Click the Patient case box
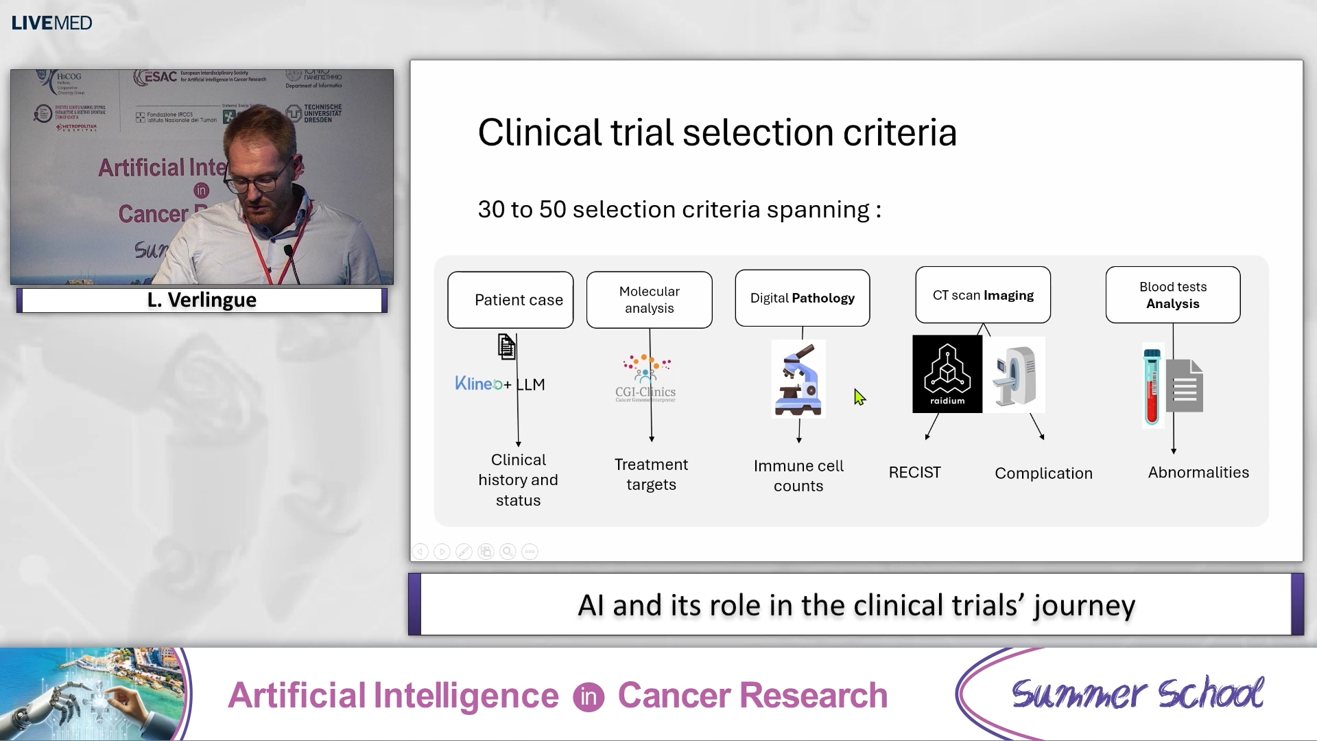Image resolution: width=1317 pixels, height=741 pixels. (x=510, y=300)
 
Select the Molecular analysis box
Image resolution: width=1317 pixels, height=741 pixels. (x=649, y=300)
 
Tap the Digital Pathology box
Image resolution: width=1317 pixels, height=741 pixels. (x=802, y=298)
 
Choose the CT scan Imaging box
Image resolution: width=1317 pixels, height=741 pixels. (x=982, y=295)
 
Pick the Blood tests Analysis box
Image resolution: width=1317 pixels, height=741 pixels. (x=1172, y=295)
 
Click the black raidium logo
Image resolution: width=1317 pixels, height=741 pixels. (x=947, y=374)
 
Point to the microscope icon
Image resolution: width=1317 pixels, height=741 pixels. (x=798, y=379)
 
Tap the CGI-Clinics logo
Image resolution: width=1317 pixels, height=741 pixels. (x=645, y=378)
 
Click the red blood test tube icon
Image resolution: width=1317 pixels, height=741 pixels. (x=1152, y=386)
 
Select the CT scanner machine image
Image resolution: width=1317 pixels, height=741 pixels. (x=1015, y=375)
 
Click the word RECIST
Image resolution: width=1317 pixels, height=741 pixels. (x=914, y=473)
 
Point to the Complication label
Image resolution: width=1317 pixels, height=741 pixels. (x=1043, y=473)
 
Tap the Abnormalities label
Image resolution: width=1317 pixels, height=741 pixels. (x=1198, y=473)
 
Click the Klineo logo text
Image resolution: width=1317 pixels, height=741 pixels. (x=478, y=384)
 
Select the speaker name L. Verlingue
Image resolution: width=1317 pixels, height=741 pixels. (x=202, y=300)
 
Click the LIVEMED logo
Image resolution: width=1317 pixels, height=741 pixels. (x=51, y=23)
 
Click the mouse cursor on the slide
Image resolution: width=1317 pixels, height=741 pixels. (x=859, y=397)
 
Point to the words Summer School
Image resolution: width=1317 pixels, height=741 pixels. (x=1137, y=694)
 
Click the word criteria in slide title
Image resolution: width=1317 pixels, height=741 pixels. (x=899, y=132)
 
